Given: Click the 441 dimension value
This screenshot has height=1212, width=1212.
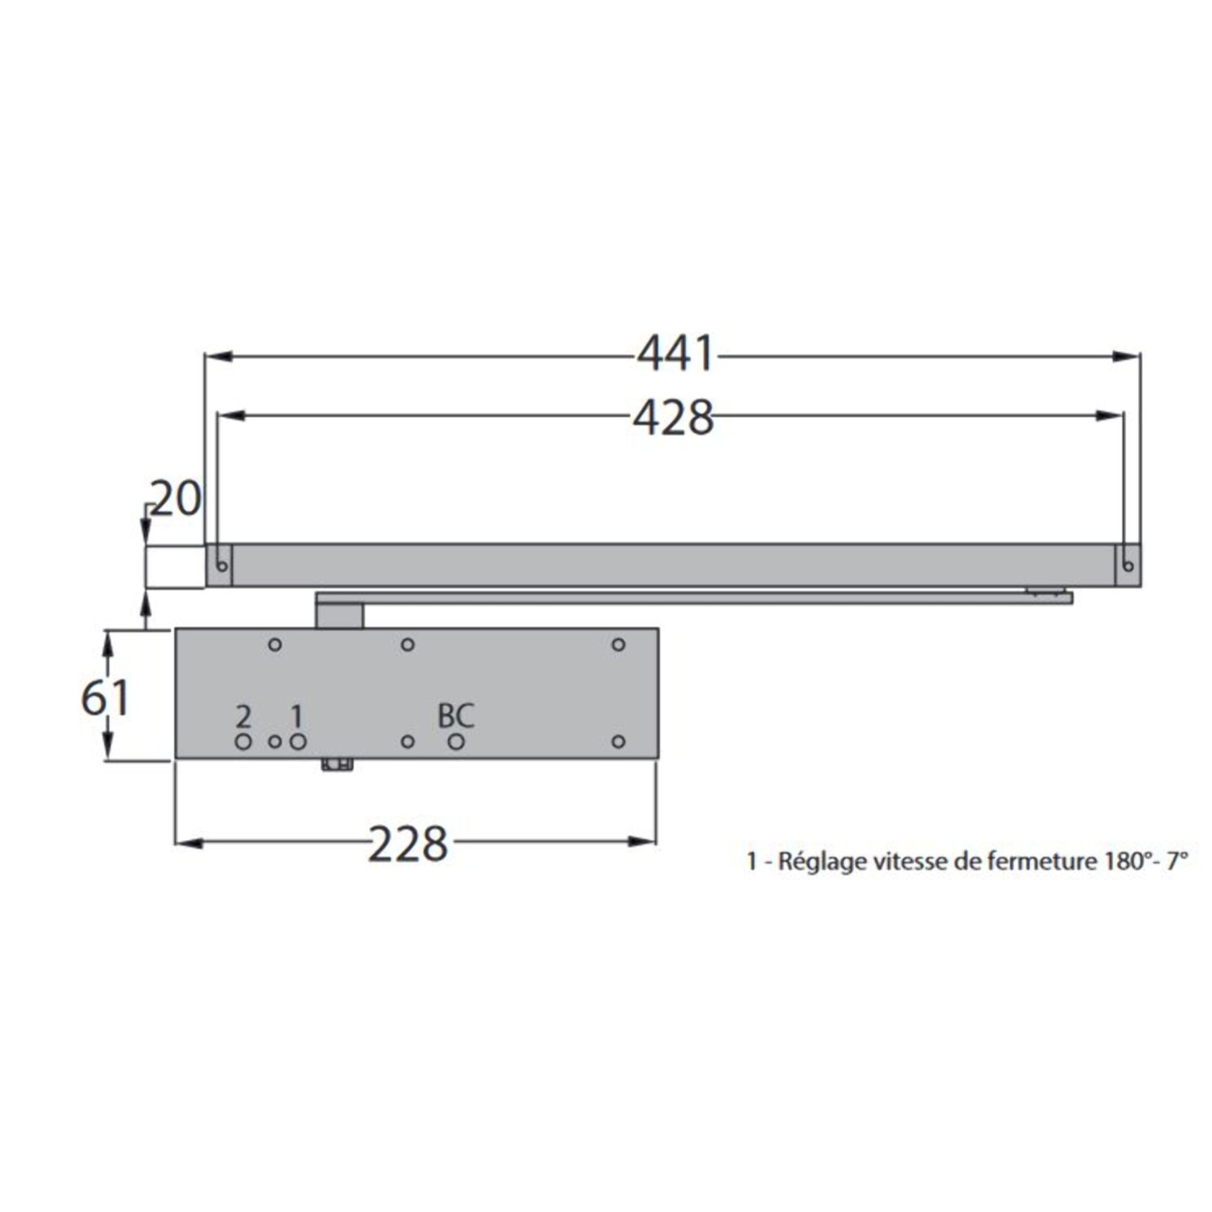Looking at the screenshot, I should [675, 354].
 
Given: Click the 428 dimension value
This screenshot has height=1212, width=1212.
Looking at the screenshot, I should [673, 418].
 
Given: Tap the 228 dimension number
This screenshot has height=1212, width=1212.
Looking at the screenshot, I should [408, 844].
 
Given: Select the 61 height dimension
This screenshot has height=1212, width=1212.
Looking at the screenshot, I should [105, 697].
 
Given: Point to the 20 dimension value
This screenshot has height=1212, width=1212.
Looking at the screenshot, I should [176, 499].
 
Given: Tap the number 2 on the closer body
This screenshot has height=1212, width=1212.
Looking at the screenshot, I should [243, 716].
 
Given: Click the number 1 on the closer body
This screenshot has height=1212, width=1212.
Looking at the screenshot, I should [296, 716].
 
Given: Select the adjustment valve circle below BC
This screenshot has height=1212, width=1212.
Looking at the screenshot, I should [456, 742].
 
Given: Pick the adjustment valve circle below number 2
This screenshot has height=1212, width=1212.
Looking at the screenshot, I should [243, 742].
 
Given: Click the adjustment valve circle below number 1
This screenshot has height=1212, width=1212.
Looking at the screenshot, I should [298, 742].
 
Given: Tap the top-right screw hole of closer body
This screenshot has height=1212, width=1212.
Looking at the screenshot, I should [618, 644].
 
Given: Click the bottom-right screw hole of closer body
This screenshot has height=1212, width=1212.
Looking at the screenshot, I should [618, 742].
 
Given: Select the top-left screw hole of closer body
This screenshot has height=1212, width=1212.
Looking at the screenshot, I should [275, 644].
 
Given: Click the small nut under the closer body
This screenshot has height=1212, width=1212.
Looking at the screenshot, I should [337, 765].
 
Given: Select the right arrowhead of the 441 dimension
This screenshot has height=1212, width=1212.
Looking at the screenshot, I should [1129, 356].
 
